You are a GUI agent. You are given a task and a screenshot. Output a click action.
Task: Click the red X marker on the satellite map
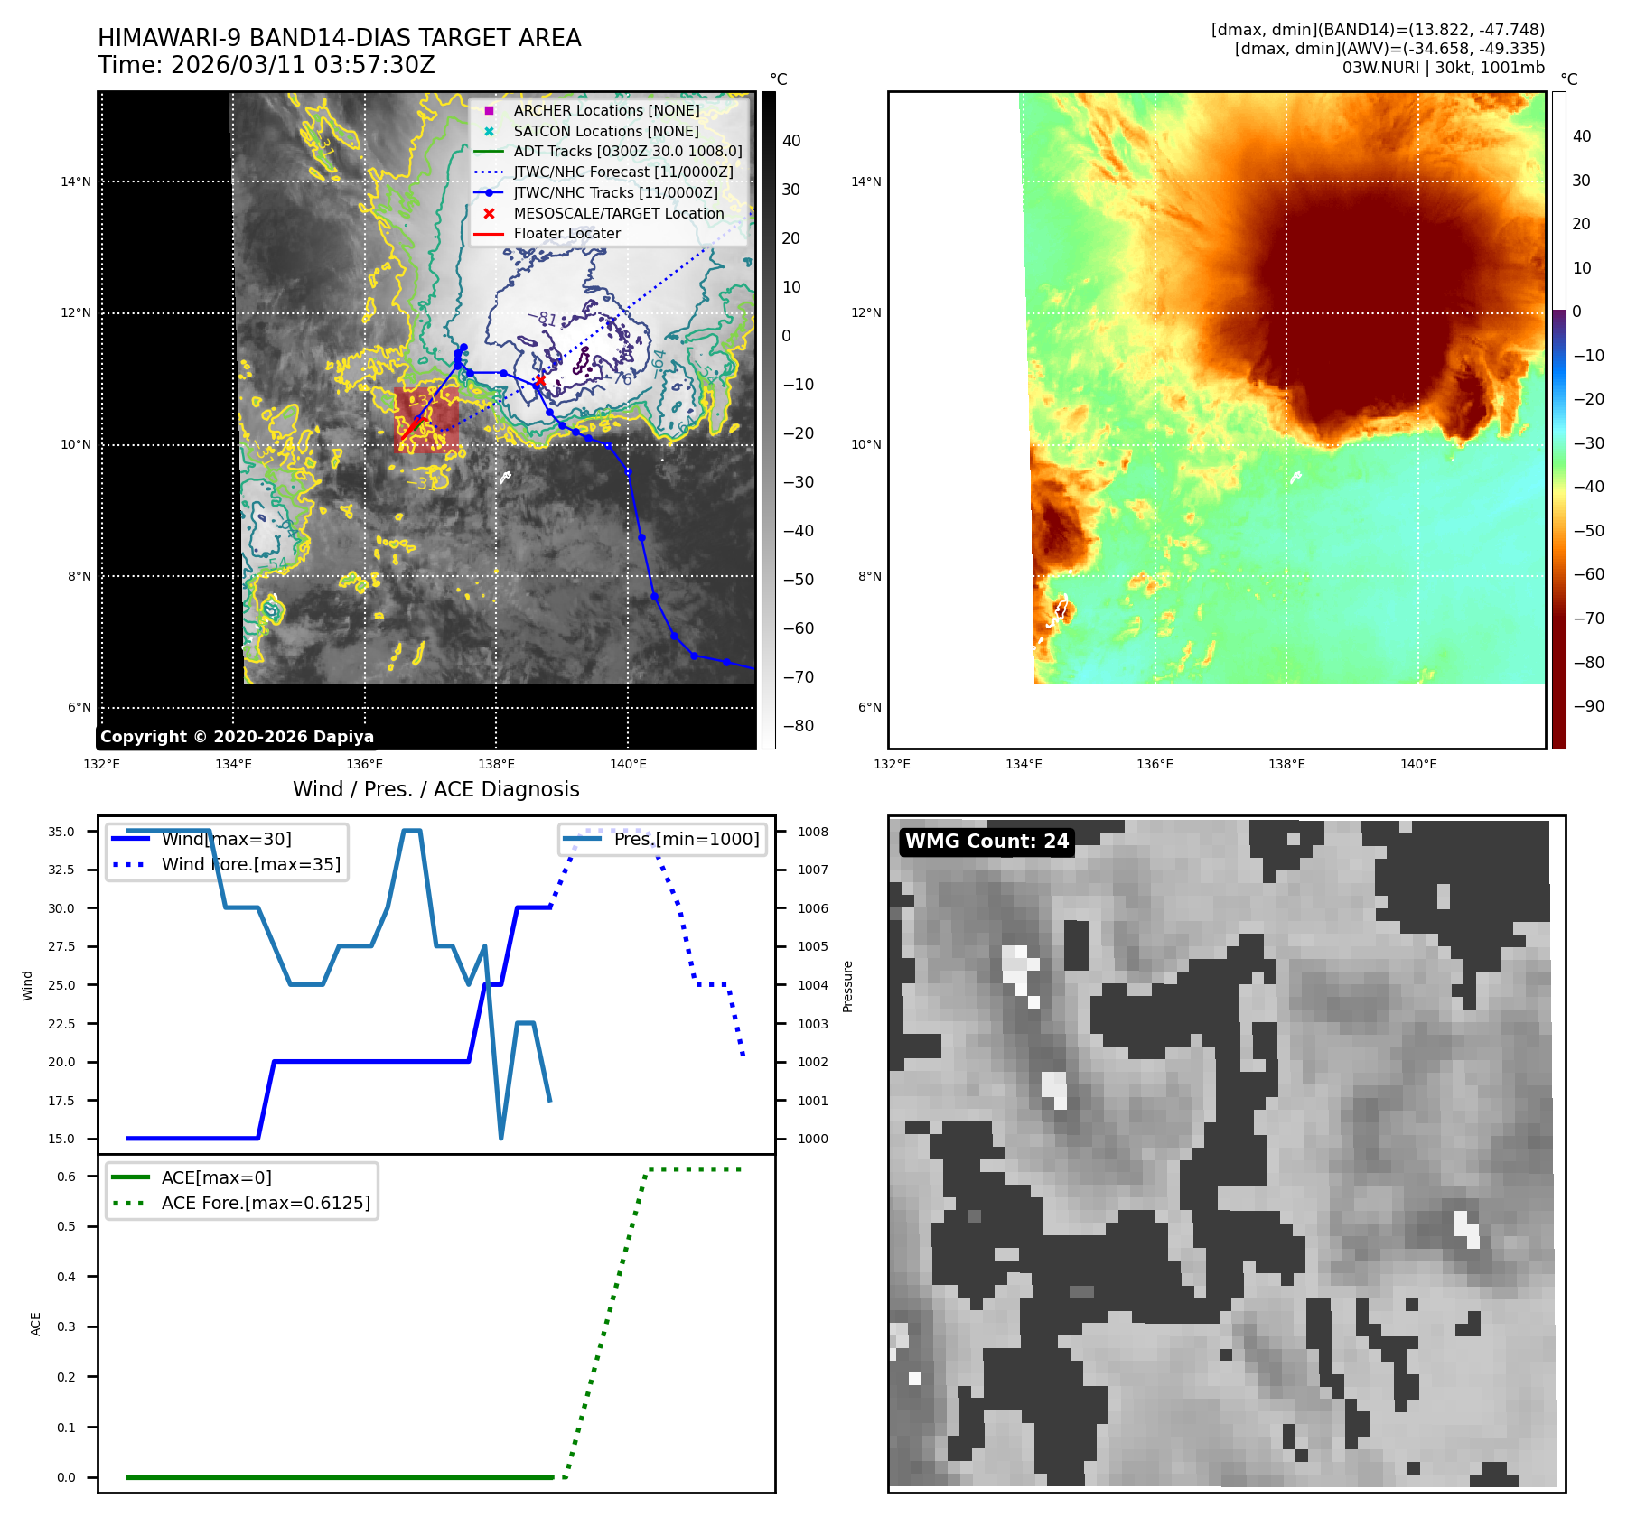click(x=539, y=381)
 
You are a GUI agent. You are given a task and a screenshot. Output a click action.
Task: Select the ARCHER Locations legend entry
click(x=606, y=110)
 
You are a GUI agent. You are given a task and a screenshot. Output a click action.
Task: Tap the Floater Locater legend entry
click(x=566, y=234)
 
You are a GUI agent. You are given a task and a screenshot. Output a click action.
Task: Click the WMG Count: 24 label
click(x=986, y=842)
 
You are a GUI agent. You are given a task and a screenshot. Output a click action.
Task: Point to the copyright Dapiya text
click(x=237, y=737)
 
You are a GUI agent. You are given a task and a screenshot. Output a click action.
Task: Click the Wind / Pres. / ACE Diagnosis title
click(x=435, y=789)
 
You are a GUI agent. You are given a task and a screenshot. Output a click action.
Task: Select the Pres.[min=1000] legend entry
click(x=686, y=839)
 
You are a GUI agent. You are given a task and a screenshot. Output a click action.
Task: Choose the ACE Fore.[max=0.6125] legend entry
click(x=265, y=1203)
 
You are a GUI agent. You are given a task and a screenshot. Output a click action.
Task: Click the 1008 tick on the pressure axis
click(x=812, y=832)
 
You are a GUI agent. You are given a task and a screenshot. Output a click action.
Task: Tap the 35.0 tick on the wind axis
click(x=61, y=832)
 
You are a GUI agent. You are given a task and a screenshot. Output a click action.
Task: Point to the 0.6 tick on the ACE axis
click(x=66, y=1177)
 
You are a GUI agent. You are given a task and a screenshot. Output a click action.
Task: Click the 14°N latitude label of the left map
click(x=76, y=181)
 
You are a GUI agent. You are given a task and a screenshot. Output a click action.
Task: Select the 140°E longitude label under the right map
click(x=1417, y=764)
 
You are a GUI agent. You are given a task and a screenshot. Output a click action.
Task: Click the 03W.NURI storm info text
click(x=1443, y=68)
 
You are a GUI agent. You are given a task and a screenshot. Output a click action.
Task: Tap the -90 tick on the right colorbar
click(x=1588, y=706)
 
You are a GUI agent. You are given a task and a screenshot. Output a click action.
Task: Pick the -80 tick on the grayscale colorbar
click(x=798, y=726)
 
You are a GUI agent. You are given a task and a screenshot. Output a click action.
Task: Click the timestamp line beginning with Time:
click(x=266, y=65)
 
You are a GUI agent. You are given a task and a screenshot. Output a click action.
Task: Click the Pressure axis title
click(x=847, y=986)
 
